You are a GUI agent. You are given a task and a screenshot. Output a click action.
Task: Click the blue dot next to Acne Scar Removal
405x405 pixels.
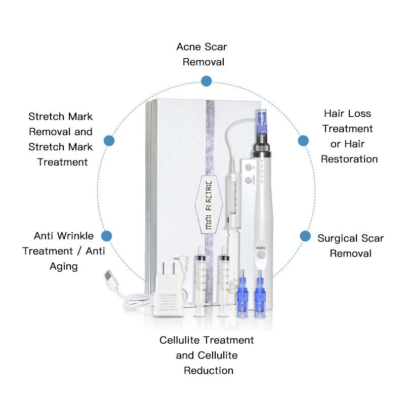[206, 81]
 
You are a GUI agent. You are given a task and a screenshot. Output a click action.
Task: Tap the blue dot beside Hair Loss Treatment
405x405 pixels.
[303, 141]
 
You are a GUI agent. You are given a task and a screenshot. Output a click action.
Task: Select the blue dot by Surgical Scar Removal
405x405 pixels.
[305, 236]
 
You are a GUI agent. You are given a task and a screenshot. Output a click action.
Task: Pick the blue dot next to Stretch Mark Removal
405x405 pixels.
[109, 141]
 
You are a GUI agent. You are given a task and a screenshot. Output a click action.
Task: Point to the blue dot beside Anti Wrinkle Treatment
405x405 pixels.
[106, 236]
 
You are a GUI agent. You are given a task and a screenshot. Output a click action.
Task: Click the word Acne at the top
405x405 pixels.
[188, 47]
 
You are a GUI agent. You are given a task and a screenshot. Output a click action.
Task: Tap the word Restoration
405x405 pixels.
[349, 159]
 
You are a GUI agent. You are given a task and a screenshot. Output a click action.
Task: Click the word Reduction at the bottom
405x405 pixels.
[208, 371]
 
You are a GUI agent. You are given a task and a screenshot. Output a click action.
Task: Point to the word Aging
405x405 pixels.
[64, 266]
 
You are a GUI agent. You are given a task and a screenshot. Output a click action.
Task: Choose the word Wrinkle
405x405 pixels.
[75, 236]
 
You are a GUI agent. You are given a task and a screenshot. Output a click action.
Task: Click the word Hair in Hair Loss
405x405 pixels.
[334, 113]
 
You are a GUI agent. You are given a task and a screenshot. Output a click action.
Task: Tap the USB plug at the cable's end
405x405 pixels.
[111, 278]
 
